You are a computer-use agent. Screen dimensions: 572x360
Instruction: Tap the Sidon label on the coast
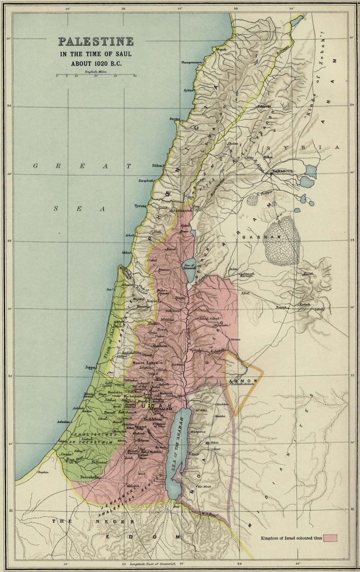[x=158, y=166]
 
